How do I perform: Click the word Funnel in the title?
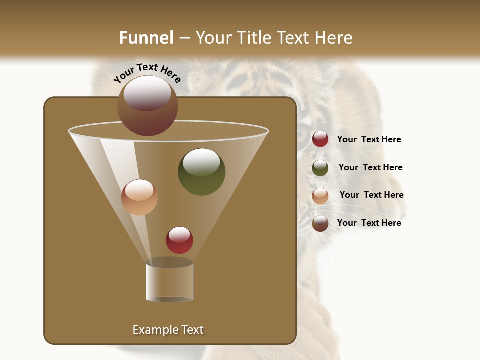(x=146, y=38)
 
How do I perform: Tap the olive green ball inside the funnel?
(x=202, y=172)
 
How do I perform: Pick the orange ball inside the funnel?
(x=140, y=197)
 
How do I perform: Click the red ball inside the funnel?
(x=180, y=240)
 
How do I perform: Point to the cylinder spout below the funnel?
(x=170, y=282)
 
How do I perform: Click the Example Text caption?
(x=168, y=330)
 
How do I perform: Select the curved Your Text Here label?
(x=147, y=73)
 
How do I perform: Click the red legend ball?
(x=320, y=139)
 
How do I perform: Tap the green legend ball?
(x=320, y=168)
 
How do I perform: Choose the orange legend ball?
(x=320, y=196)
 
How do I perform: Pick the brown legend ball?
(x=320, y=223)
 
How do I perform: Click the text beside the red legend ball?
(x=369, y=139)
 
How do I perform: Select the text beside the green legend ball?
(x=370, y=167)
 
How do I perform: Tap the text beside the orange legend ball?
(x=371, y=195)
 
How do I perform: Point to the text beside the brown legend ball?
(x=369, y=223)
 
